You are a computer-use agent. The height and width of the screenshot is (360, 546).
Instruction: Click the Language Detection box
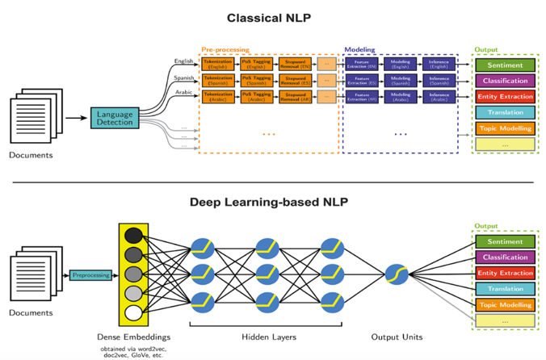pos(115,119)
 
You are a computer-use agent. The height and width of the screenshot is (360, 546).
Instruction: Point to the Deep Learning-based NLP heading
pos(269,201)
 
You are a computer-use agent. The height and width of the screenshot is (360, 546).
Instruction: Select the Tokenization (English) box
pos(217,63)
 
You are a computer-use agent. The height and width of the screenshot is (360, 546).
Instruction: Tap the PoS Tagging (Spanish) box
pos(256,80)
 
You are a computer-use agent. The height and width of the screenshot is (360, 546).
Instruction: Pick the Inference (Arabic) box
pos(439,97)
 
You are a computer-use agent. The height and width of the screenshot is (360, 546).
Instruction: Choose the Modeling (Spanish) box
pos(401,80)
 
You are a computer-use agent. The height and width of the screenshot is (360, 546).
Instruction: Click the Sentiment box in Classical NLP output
pos(505,65)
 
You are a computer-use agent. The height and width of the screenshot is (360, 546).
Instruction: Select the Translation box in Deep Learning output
pos(505,289)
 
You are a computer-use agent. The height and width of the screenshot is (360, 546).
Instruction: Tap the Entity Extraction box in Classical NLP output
pos(505,97)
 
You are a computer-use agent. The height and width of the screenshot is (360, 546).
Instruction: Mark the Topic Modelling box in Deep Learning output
pos(505,305)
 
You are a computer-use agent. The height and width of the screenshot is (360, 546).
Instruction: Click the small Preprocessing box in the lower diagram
pos(90,275)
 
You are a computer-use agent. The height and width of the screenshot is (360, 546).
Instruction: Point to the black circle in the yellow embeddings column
pos(133,237)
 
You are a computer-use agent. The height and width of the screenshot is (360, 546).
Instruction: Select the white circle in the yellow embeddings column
pos(133,312)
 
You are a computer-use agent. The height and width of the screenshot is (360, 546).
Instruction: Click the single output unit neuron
pos(396,274)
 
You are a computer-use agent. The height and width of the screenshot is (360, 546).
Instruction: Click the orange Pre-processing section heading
pos(225,50)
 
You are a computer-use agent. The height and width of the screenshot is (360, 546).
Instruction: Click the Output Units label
pos(397,337)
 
